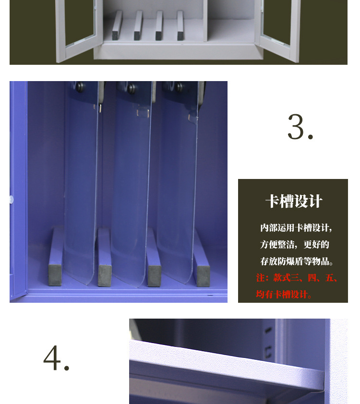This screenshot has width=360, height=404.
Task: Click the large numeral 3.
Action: coord(300,127)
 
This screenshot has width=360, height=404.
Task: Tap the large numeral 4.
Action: coord(56,358)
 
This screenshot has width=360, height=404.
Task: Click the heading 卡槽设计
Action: coord(294,201)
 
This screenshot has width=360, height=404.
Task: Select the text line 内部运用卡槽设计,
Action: coord(296,228)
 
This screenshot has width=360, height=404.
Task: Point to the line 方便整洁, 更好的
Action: coord(295,244)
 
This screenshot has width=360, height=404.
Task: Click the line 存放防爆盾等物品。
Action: coord(297,261)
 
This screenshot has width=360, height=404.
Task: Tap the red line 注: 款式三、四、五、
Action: coord(297,278)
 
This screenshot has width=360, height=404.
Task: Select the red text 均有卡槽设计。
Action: coord(284,294)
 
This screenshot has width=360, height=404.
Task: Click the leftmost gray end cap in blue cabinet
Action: coord(55,275)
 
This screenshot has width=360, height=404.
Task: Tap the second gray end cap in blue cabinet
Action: coord(104,276)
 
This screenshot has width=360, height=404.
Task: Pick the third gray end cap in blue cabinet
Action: coord(154,276)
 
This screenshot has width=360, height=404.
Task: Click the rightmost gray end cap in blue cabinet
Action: coord(204,276)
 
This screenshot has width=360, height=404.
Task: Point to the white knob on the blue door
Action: coord(11,200)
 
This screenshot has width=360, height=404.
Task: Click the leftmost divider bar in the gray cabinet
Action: coord(117,25)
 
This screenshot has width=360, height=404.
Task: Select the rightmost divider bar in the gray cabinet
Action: coord(180,25)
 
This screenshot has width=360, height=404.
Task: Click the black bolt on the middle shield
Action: coord(132,88)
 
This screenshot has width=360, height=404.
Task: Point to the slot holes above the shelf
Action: coord(268,343)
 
